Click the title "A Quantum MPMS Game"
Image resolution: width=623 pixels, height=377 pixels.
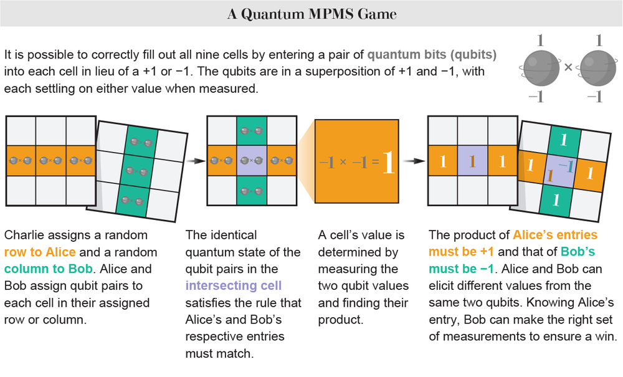click(311, 13)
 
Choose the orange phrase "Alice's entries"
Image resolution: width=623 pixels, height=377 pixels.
click(554, 236)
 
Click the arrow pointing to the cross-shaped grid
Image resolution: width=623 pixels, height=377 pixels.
click(197, 161)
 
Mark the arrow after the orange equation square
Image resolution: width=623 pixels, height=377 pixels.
click(412, 161)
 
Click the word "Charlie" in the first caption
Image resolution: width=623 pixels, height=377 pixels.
click(24, 236)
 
